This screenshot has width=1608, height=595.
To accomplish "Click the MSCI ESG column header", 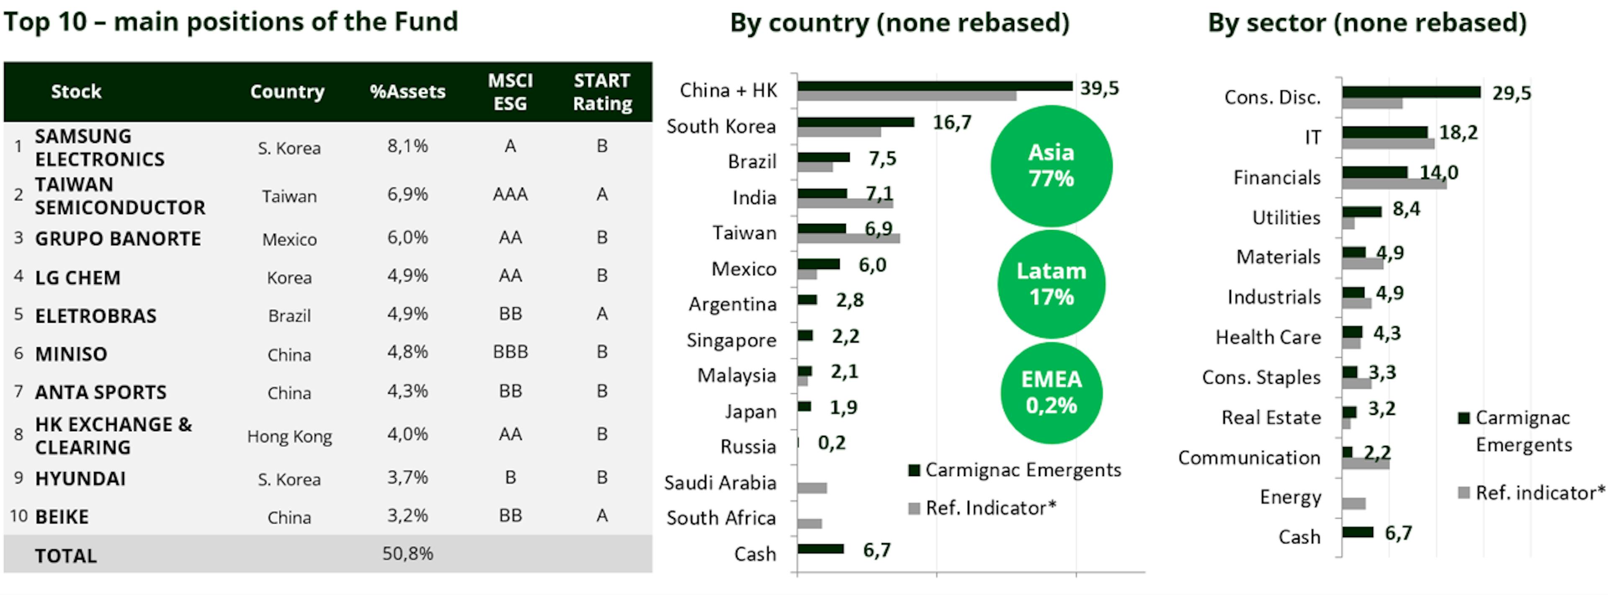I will pos(510,92).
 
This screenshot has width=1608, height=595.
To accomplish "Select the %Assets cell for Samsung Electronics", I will pos(407,146).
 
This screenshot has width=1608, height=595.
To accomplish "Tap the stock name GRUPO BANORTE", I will pos(118,238).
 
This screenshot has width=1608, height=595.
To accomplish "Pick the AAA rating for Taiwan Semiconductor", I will pos(510,194).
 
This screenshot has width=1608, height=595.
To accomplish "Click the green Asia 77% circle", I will pos(1051,166).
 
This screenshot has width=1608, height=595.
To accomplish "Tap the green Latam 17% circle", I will pos(1051,284).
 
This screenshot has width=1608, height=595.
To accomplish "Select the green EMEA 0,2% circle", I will pos(1051,393).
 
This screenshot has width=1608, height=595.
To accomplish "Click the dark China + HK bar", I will pos(935,86).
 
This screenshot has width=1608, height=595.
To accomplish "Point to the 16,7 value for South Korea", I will pos(952,122).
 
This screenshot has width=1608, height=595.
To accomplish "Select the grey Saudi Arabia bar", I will pos(812,488).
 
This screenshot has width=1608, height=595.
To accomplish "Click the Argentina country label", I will pos(732,305).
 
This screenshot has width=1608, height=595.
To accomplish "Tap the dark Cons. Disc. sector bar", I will pos(1411,92).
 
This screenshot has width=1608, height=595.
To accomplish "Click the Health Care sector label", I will pos(1268,337).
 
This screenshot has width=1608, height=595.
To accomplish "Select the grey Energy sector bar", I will pos(1353,503).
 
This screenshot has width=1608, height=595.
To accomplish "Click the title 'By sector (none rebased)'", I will pos(1367,23).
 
